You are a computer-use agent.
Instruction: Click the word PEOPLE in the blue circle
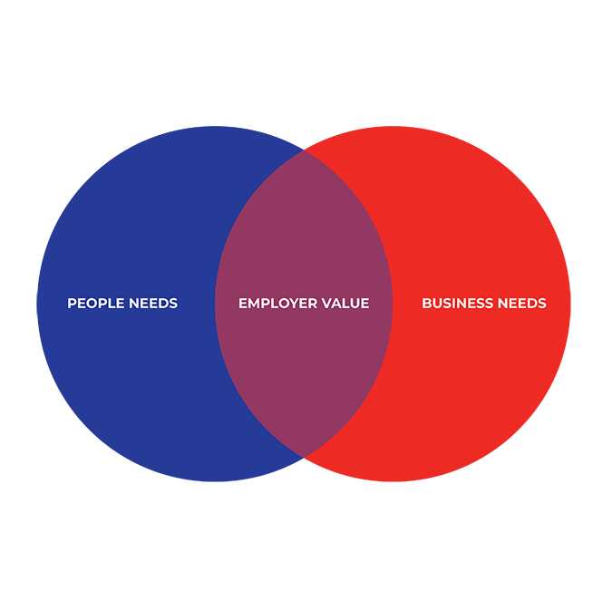[x=96, y=303]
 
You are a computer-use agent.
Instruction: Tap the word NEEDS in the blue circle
[x=153, y=303]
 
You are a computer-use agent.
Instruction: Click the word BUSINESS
[x=458, y=303]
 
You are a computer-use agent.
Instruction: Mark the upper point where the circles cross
[x=304, y=150]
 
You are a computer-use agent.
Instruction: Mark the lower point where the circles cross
[x=304, y=457]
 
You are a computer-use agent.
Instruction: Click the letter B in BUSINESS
[x=427, y=303]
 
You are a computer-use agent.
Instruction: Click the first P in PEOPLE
[x=72, y=303]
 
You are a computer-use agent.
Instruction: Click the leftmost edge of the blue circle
[x=37, y=304]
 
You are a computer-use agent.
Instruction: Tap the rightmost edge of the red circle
[x=570, y=304]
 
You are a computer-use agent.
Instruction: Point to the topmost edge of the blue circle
[x=215, y=126]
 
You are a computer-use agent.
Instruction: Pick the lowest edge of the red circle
[x=393, y=481]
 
